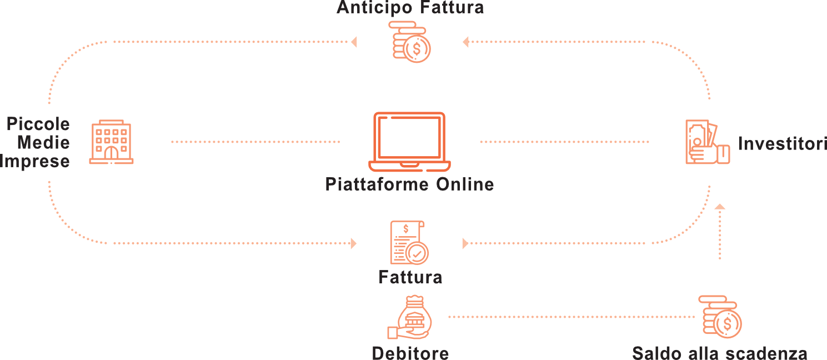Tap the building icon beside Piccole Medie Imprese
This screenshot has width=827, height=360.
(111, 143)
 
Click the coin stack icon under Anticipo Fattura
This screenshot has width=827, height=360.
(410, 42)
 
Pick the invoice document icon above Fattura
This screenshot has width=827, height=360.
(408, 243)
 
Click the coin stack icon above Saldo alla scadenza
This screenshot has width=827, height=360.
(720, 317)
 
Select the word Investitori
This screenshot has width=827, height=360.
(782, 143)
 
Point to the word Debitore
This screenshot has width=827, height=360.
(410, 353)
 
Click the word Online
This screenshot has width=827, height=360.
(465, 184)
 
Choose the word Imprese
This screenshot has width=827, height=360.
(35, 161)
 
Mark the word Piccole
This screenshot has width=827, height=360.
(38, 124)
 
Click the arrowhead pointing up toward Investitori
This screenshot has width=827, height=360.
(720, 207)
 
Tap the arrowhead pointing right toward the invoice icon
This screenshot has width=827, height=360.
(353, 243)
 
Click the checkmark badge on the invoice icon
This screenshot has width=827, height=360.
(417, 253)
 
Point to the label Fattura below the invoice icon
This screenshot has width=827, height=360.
(410, 277)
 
